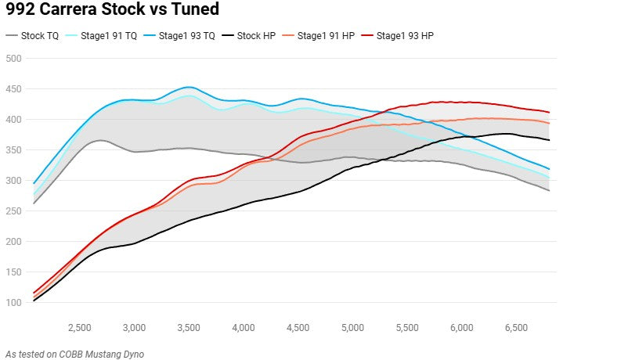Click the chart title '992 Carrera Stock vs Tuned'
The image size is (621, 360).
pos(112,10)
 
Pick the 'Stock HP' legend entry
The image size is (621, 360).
pos(257,36)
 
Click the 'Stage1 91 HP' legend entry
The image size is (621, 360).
pos(327,36)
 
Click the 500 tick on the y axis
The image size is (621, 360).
pos(13,59)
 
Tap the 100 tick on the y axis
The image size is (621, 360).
pos(13,303)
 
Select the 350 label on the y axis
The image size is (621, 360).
pos(13,150)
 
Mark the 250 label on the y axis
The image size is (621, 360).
pos(13,211)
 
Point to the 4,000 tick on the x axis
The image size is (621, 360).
pos(244,327)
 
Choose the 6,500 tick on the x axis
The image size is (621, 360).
pos(516,327)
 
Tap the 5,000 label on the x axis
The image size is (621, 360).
pos(352,327)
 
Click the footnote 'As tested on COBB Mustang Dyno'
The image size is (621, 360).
pos(74,354)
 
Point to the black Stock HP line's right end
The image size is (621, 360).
pos(549,140)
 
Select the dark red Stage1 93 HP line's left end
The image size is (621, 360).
pos(34,293)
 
